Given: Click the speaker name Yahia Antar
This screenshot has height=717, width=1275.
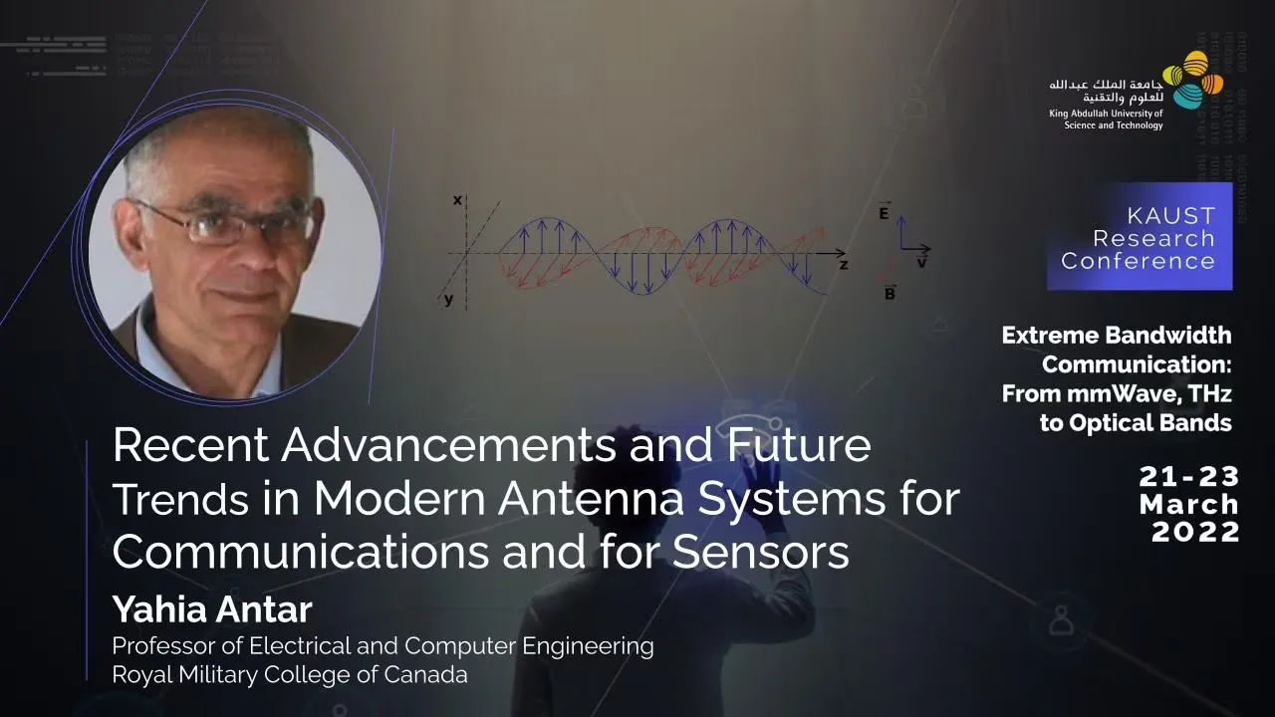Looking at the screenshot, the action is [x=212, y=609].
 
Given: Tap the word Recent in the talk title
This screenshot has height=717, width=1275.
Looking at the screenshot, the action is [x=190, y=445].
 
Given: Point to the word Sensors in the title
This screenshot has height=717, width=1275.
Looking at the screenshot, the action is [x=761, y=552].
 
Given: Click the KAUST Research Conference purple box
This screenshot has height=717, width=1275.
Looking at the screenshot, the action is [x=1140, y=236].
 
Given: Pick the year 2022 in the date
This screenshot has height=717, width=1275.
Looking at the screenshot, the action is [x=1196, y=532].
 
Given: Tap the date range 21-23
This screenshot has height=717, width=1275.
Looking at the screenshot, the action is [x=1189, y=477].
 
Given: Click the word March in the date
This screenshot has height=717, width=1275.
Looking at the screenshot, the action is [x=1189, y=505].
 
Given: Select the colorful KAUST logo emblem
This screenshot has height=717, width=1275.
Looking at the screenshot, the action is [x=1193, y=80].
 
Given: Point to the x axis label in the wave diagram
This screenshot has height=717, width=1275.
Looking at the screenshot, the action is [x=457, y=200].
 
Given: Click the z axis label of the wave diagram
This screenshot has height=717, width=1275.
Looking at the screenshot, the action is [x=844, y=265].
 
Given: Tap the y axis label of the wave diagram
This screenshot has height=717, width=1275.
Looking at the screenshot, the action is [x=449, y=300].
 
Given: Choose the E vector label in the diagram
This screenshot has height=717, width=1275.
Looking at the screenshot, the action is [x=884, y=211].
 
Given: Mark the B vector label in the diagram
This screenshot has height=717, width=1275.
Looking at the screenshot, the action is [x=891, y=293].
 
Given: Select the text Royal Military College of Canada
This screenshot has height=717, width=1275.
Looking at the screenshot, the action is [x=290, y=675].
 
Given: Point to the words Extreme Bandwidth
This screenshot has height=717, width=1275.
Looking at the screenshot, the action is [x=1117, y=336].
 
